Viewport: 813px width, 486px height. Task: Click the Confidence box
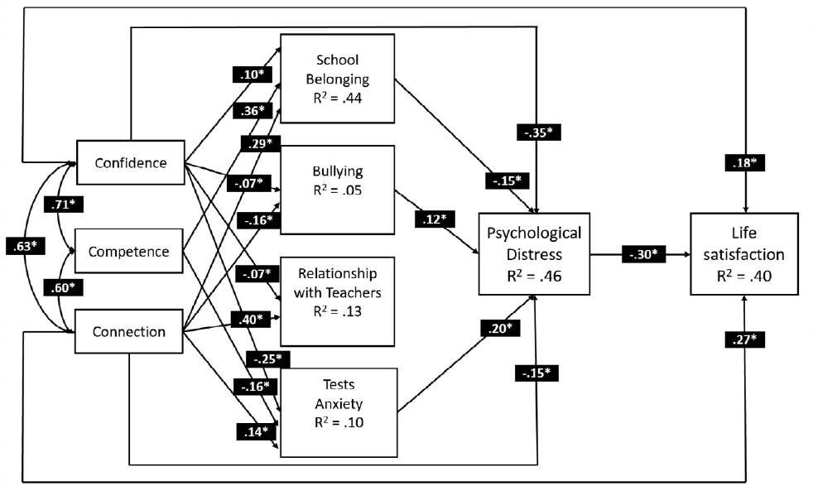[x=128, y=163]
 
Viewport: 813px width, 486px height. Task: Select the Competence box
[x=128, y=250]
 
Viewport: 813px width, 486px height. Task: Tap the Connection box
[x=128, y=332]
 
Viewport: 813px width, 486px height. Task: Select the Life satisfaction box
[x=745, y=253]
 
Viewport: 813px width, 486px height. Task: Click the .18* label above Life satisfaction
[x=746, y=163]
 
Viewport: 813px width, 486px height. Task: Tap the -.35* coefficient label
[x=539, y=131]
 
